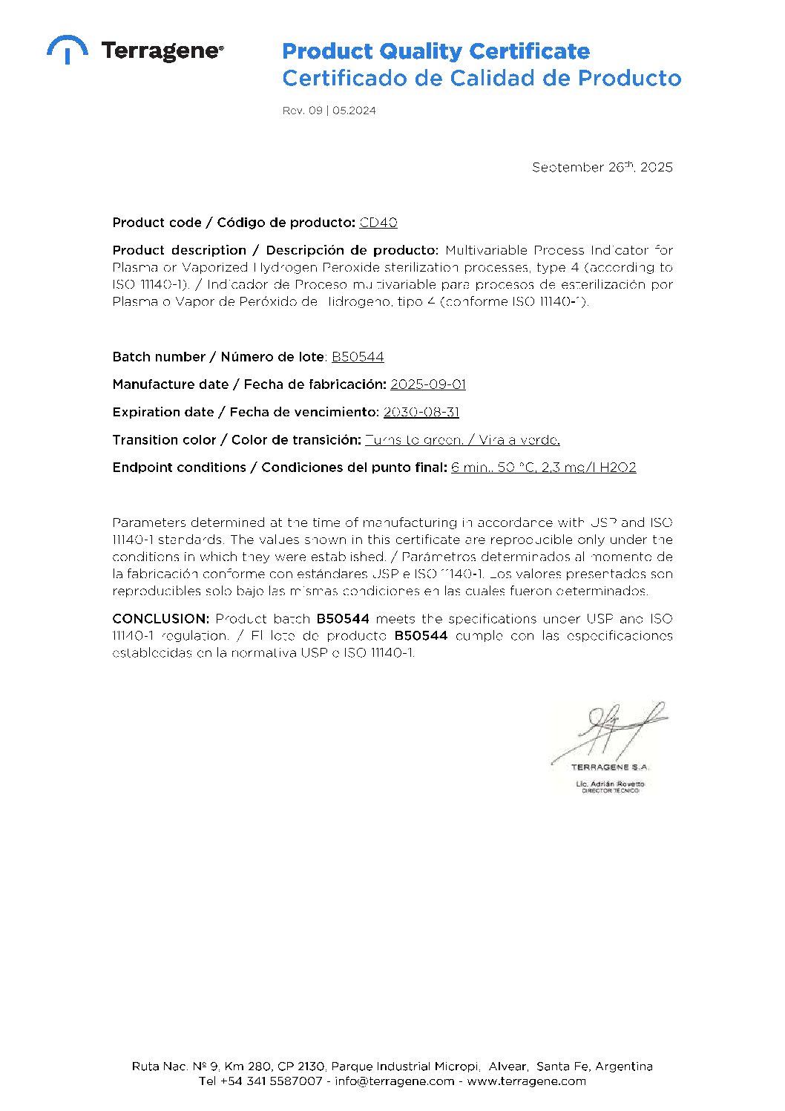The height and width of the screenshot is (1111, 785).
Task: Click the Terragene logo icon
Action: tap(67, 49)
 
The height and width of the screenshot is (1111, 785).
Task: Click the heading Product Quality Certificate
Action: tap(436, 51)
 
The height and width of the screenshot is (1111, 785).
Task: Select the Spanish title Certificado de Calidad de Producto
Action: tap(482, 78)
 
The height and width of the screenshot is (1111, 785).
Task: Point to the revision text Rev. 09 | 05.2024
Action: tap(329, 111)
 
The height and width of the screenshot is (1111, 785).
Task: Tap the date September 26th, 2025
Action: tap(602, 167)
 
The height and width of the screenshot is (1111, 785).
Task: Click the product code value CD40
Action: tap(378, 223)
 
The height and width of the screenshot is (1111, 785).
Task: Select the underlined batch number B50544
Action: tap(358, 357)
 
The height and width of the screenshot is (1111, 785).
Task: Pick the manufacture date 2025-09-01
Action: tap(428, 384)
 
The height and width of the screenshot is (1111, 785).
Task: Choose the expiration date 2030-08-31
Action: tap(421, 412)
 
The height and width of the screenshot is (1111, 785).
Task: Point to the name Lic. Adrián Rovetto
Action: tap(610, 784)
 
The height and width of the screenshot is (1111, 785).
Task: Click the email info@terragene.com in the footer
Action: tap(394, 1081)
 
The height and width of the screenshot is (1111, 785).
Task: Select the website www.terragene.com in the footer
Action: tap(526, 1081)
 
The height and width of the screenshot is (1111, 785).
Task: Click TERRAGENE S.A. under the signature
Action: tap(610, 767)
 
